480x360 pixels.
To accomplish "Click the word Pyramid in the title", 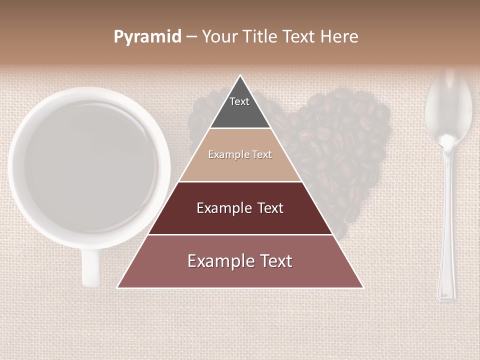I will point(147,37).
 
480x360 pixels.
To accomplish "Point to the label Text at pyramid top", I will point(239,101).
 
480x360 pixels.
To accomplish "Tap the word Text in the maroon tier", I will point(270,208).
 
